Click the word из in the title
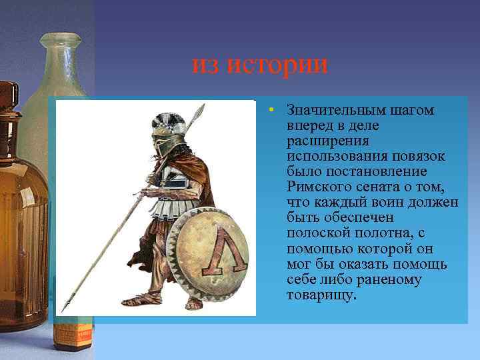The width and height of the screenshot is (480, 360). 208,65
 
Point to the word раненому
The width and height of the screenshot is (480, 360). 389,279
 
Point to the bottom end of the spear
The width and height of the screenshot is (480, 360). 64,309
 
